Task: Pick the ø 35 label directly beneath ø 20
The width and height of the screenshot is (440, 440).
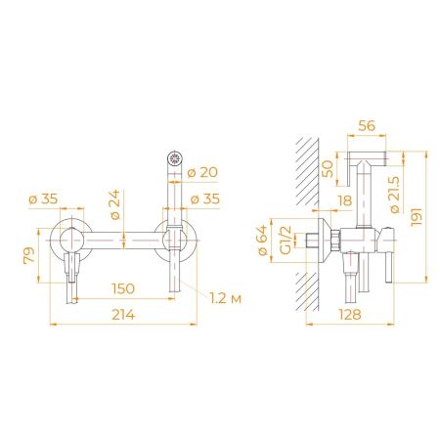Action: tap(204, 199)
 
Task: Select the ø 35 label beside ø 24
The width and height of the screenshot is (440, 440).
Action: tap(47, 199)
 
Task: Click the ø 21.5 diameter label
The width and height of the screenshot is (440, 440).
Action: tap(394, 200)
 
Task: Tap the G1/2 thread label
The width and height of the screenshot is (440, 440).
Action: tap(283, 239)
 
